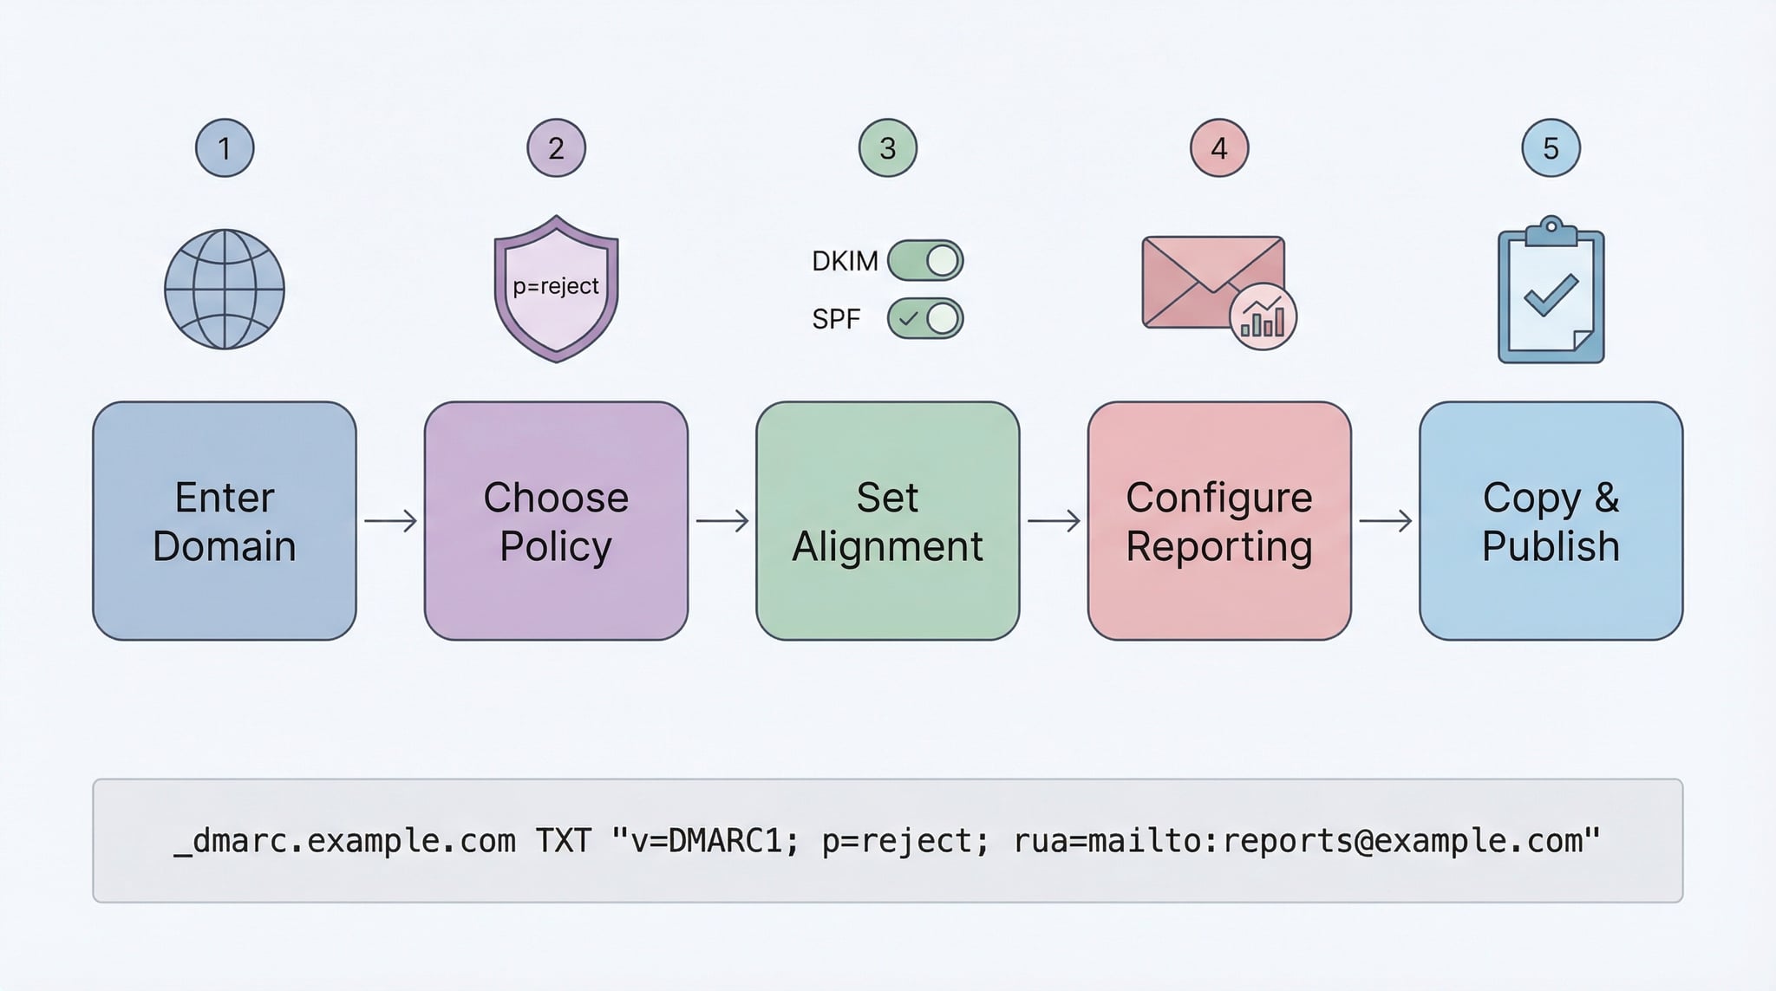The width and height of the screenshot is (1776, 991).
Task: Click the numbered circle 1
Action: click(225, 148)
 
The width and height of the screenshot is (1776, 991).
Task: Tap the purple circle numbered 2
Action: click(556, 148)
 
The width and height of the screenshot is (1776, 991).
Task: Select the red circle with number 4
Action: click(1218, 148)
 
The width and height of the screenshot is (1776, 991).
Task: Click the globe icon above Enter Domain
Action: click(225, 290)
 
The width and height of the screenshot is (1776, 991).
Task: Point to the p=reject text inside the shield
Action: click(556, 286)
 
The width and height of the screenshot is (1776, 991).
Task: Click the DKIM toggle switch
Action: click(925, 260)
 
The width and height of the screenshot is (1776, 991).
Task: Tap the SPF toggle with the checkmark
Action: click(925, 318)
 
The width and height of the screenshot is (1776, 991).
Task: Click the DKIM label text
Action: click(844, 261)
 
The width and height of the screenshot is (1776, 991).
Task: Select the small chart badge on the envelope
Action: click(1263, 316)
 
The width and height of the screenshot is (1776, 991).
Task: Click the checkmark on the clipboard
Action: click(1551, 296)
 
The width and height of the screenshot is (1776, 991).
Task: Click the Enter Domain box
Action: click(225, 520)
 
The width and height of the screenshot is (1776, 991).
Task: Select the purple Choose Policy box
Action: click(556, 520)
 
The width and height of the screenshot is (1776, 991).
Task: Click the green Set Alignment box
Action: click(887, 520)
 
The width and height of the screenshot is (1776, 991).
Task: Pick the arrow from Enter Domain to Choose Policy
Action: click(390, 521)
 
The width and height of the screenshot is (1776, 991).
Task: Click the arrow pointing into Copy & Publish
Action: click(1385, 521)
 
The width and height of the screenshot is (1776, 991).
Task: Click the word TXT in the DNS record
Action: click(564, 840)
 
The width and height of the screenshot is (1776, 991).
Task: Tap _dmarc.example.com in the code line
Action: click(344, 840)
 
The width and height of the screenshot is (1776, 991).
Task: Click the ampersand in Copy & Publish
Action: click(1606, 498)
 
